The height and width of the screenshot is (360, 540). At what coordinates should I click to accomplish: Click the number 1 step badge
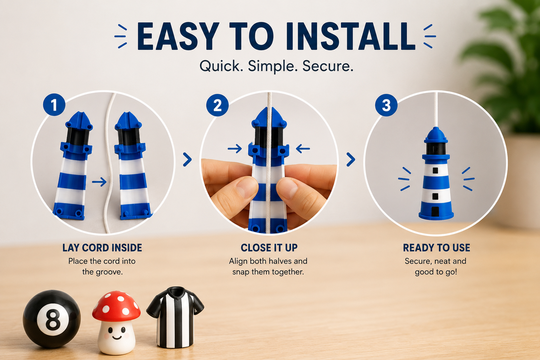pos(54,105)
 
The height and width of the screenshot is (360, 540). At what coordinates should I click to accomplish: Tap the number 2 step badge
pos(218,105)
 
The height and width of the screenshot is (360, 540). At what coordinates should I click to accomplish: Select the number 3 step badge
pos(386,105)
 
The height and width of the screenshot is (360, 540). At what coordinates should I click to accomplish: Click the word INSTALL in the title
pos(350,37)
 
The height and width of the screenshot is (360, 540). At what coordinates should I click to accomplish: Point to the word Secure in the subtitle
pos(328,66)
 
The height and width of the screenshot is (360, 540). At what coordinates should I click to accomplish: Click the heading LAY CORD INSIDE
pos(102,248)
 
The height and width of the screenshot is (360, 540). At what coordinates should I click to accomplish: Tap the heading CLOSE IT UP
pos(269,248)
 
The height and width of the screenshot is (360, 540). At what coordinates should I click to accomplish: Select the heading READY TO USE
pos(436,248)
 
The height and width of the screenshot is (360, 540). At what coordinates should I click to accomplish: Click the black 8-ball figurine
pos(52,319)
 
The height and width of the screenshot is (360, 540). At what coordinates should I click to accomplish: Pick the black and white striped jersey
pos(175,317)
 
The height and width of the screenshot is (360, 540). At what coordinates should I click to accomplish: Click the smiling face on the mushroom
pos(116,333)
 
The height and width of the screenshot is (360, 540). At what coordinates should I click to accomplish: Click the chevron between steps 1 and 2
pos(187,159)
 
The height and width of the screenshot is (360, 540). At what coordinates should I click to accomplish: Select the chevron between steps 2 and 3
pos(351,159)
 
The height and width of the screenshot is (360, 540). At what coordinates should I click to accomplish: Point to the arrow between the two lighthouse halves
pos(99,182)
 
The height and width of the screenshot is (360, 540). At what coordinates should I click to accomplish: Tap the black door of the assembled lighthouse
pos(435,211)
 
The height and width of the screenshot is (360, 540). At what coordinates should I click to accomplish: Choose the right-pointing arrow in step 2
pos(235,148)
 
